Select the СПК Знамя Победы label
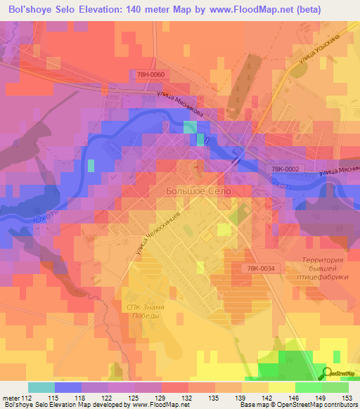point(144,311)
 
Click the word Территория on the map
point(322,260)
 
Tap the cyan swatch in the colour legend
point(41,387)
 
